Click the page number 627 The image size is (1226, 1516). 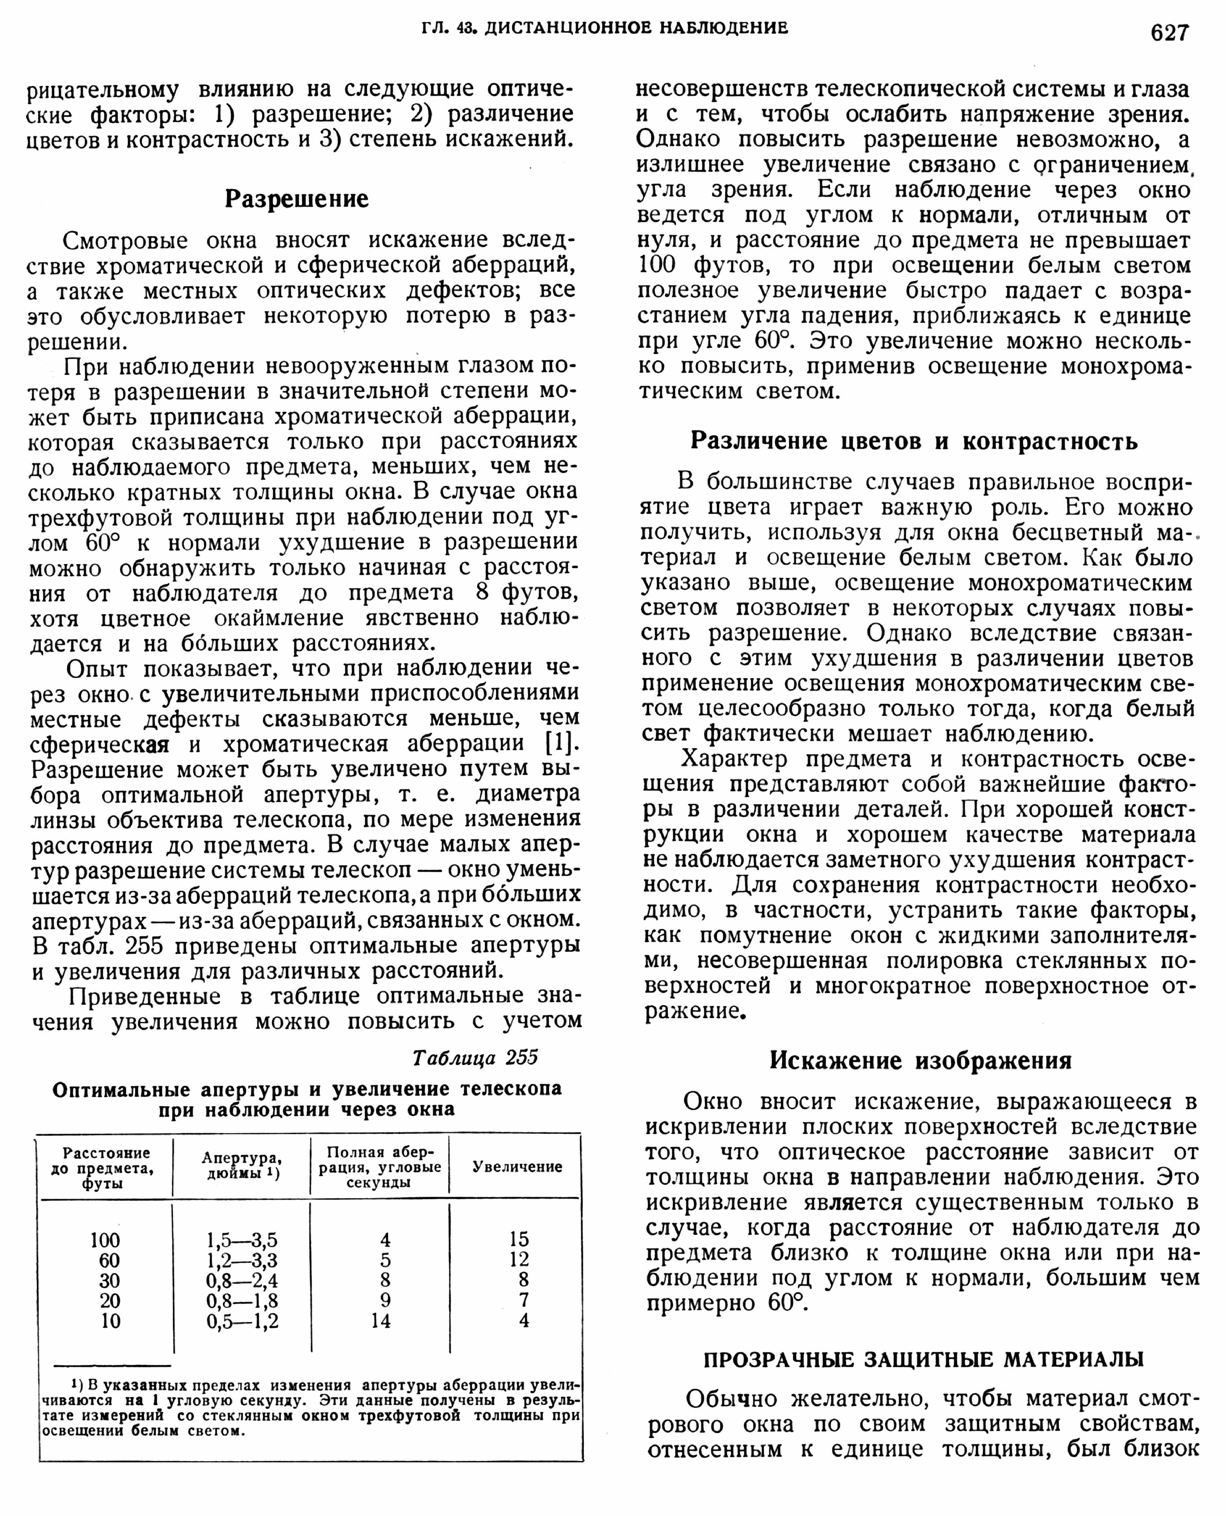click(x=1169, y=33)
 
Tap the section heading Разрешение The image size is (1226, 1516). click(x=297, y=199)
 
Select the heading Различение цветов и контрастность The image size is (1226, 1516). click(x=914, y=441)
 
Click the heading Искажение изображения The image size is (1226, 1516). click(x=920, y=1060)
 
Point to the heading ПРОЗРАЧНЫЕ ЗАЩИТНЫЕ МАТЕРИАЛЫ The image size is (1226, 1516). click(x=924, y=1359)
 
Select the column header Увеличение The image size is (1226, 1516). click(x=517, y=1167)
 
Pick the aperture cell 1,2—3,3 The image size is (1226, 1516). click(x=242, y=1261)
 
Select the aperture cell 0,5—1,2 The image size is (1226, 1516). click(x=242, y=1321)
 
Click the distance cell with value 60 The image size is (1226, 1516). click(x=109, y=1261)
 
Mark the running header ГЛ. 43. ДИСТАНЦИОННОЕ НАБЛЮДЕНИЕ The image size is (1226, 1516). click(x=604, y=28)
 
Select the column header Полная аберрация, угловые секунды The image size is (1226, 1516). click(x=379, y=1167)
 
